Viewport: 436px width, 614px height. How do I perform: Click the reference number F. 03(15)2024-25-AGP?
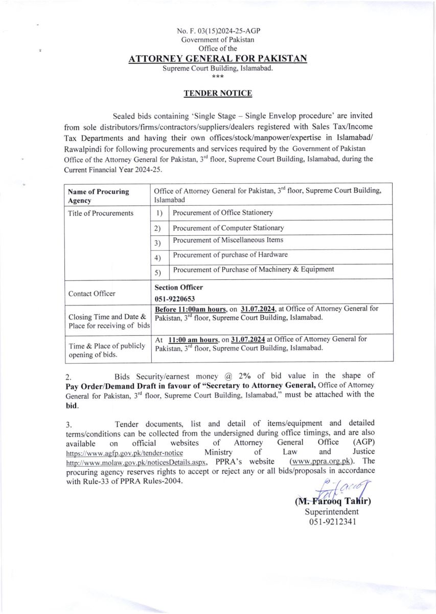(x=218, y=31)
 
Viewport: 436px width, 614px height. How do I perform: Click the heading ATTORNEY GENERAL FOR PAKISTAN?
(x=218, y=59)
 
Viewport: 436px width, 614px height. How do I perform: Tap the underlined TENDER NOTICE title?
(x=218, y=93)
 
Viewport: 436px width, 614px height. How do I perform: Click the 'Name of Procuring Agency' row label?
(x=98, y=196)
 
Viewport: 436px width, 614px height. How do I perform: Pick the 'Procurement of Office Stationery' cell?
(x=223, y=213)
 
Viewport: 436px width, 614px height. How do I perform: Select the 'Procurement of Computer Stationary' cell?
(x=228, y=228)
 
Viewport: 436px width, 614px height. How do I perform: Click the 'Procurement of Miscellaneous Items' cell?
(x=228, y=240)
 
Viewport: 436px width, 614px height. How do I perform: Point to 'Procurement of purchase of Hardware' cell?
(x=230, y=255)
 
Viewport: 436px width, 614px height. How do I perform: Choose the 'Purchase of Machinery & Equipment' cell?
(x=254, y=269)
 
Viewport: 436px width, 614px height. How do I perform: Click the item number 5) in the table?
(x=158, y=273)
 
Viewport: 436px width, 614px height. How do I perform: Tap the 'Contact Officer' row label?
(x=91, y=294)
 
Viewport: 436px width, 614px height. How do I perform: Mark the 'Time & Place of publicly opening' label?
(x=106, y=350)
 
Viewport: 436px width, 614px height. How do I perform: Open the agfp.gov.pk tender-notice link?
(x=125, y=453)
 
